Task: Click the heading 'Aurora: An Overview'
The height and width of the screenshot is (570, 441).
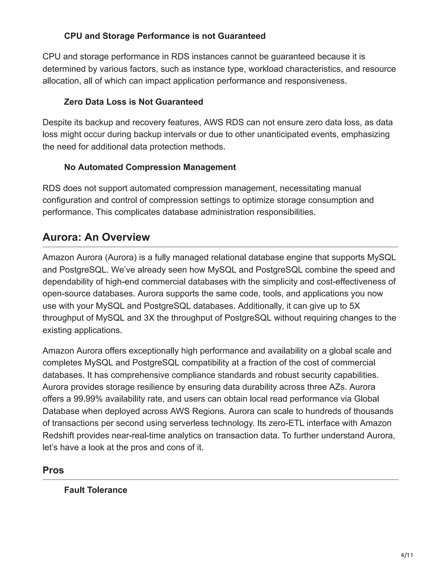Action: coord(96,237)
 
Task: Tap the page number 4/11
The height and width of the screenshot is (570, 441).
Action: coord(407,555)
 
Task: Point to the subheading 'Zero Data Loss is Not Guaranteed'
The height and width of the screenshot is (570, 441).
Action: coord(134,102)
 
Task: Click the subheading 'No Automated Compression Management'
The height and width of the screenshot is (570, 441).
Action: coord(150,167)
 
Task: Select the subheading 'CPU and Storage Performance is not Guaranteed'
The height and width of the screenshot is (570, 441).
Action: coord(165,36)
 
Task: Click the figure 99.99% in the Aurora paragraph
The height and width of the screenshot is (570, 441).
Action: coord(88,399)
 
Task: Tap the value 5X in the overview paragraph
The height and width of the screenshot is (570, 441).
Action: coord(354,306)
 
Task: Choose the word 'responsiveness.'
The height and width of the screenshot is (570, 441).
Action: coord(316,81)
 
